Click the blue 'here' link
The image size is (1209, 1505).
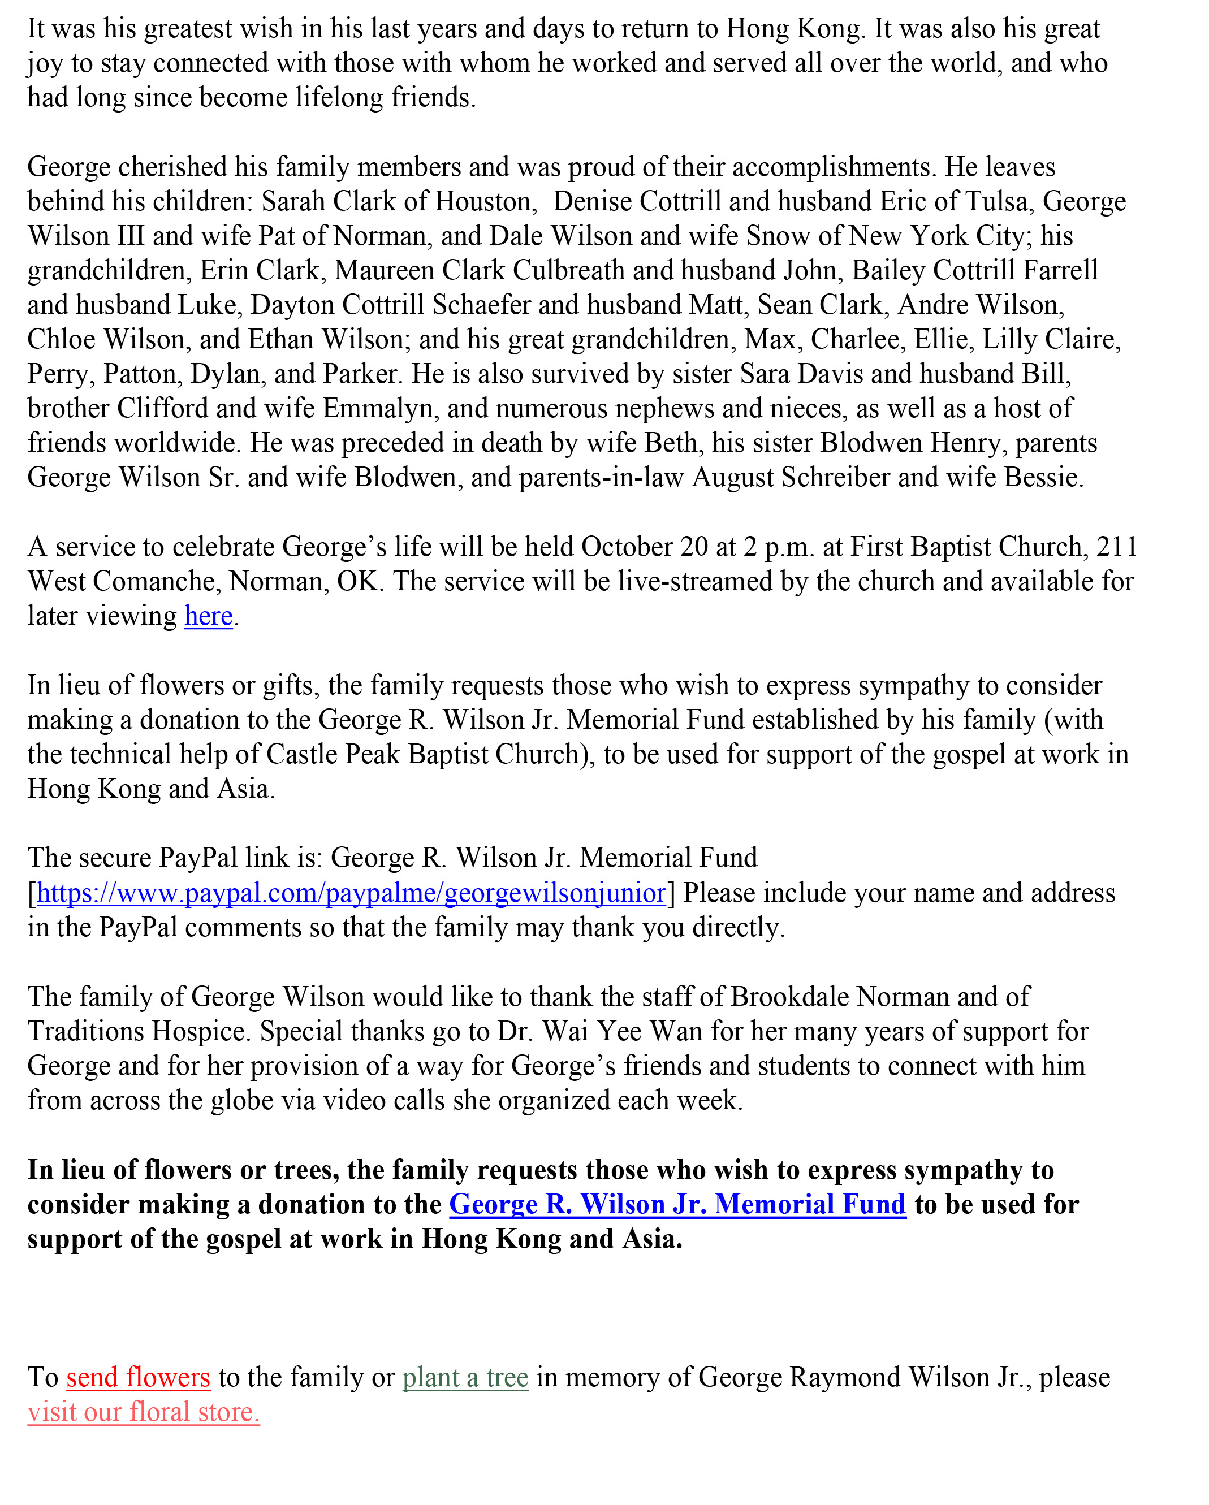pos(208,616)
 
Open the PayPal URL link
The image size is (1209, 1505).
pos(351,893)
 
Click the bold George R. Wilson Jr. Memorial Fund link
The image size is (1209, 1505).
pos(677,1205)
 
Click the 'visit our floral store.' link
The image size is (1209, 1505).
pos(143,1412)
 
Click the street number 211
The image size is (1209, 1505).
pos(1117,547)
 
